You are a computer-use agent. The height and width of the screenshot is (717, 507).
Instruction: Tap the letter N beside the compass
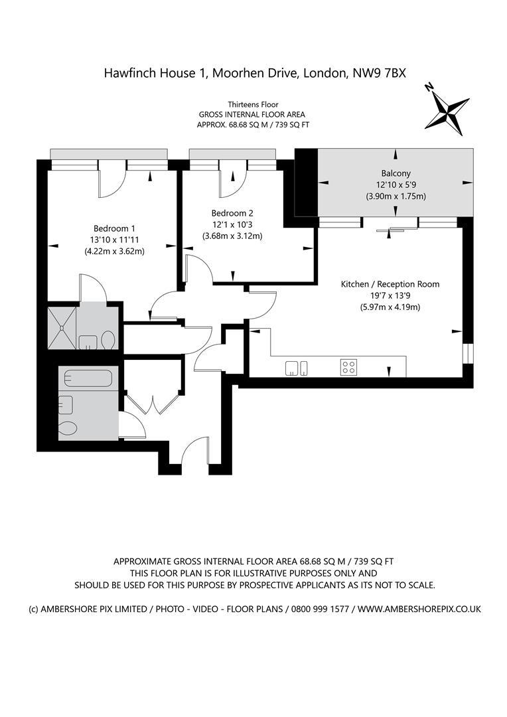(x=429, y=87)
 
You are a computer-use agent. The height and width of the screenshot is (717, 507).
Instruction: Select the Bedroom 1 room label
(x=114, y=228)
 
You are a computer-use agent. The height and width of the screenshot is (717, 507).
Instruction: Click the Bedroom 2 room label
(x=232, y=213)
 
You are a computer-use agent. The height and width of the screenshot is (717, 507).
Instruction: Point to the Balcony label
(x=396, y=173)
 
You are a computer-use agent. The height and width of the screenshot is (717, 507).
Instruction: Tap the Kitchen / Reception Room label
(x=390, y=284)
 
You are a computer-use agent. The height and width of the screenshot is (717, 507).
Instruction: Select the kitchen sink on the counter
(x=296, y=368)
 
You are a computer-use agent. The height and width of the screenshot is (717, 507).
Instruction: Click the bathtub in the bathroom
(x=88, y=378)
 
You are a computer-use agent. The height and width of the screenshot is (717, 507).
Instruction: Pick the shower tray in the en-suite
(x=62, y=328)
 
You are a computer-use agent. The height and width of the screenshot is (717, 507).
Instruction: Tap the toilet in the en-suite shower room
(x=108, y=341)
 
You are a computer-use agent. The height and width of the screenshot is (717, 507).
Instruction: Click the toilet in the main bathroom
(x=68, y=428)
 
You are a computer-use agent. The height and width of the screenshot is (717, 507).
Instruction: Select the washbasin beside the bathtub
(x=66, y=404)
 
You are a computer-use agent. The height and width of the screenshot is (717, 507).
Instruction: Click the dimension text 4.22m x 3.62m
(x=114, y=251)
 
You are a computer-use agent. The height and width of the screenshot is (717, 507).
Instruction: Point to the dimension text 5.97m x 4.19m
(x=390, y=307)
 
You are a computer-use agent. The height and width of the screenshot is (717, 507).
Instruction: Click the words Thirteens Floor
(x=254, y=105)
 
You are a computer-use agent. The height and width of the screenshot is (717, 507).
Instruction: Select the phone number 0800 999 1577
(x=320, y=609)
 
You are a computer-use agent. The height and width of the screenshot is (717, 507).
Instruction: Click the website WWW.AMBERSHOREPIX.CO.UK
(x=419, y=609)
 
